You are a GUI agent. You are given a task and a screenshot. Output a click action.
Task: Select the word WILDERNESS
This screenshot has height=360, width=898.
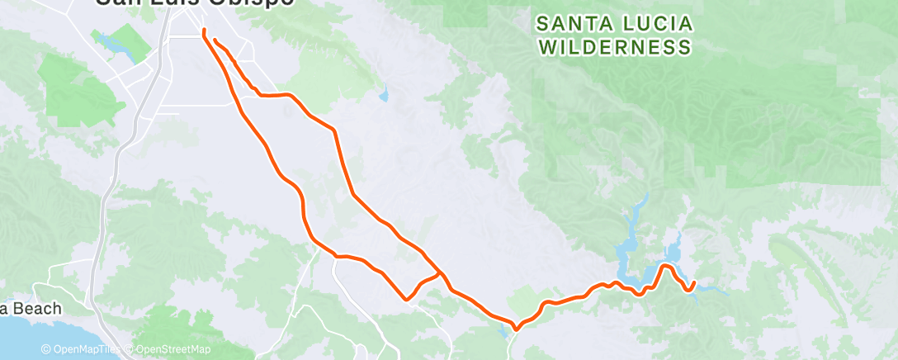point(614,47)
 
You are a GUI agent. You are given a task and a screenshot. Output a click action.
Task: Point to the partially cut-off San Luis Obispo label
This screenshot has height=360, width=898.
point(194,3)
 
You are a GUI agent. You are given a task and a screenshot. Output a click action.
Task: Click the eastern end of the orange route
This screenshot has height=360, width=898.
point(694,282)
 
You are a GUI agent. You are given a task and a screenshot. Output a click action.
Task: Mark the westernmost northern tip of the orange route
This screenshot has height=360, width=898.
point(203,31)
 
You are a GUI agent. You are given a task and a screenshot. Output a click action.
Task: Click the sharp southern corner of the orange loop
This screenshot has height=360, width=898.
point(405,299)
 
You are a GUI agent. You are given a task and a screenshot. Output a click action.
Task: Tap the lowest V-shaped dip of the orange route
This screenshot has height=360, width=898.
point(516,329)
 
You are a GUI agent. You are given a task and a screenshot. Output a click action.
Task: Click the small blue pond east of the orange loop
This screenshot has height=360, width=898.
point(383,97)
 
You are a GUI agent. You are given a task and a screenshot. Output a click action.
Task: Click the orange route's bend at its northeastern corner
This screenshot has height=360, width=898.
point(334,130)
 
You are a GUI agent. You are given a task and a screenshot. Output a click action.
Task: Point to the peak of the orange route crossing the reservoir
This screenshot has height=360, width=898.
point(664,265)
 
